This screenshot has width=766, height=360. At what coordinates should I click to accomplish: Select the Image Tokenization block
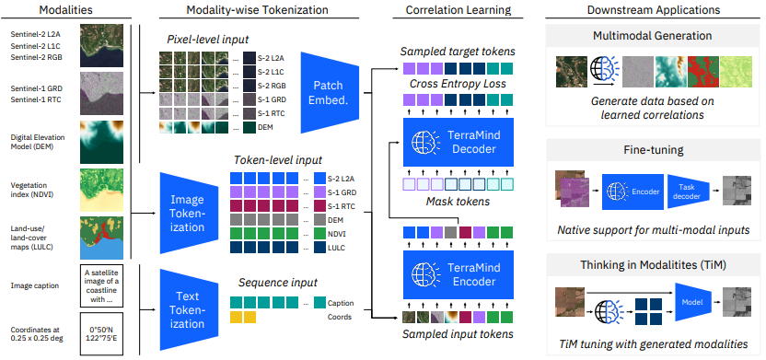(x=188, y=214)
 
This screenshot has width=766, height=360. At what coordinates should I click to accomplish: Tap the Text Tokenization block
(x=188, y=309)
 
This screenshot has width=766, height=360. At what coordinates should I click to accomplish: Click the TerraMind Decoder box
(x=458, y=142)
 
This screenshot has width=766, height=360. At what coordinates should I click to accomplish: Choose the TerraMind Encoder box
(x=458, y=274)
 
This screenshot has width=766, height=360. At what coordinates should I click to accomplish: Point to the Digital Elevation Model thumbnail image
(x=101, y=142)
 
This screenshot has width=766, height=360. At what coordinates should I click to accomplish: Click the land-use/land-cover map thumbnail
(x=101, y=238)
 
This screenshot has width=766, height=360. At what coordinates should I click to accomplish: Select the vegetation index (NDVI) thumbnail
(x=101, y=190)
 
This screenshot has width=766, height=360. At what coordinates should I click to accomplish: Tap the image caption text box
(x=101, y=285)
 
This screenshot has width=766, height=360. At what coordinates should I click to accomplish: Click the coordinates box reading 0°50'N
(x=101, y=333)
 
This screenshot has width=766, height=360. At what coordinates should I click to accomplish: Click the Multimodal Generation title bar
(x=652, y=36)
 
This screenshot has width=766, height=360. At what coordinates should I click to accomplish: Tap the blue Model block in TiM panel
(x=693, y=303)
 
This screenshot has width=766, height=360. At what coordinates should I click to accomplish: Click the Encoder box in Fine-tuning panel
(x=633, y=192)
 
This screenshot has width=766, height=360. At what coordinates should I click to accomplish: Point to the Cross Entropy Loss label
(x=458, y=84)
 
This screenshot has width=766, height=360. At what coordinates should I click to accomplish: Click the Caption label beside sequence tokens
(x=341, y=303)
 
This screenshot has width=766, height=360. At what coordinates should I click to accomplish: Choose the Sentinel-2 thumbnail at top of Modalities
(x=101, y=46)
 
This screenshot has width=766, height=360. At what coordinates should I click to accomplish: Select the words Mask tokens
(x=458, y=201)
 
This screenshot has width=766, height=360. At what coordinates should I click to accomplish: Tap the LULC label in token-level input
(x=336, y=249)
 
